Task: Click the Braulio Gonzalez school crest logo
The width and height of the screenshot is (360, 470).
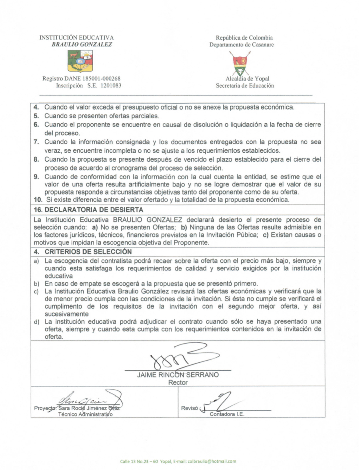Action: tap(80, 61)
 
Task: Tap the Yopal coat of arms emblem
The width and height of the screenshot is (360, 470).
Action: tap(241, 63)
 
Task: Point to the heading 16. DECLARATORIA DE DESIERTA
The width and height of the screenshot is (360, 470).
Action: tap(89, 210)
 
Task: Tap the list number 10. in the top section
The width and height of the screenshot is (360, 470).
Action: tap(38, 200)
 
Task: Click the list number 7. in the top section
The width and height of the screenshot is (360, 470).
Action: tap(36, 142)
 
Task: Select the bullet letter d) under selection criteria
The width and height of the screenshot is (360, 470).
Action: tap(37, 322)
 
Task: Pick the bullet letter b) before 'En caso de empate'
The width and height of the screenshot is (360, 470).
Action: tap(37, 284)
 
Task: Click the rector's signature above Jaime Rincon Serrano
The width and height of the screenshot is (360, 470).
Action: tap(178, 358)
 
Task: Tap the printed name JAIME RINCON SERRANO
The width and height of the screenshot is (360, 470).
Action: tap(178, 375)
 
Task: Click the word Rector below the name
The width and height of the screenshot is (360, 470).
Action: tap(178, 382)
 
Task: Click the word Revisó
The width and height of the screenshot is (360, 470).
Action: tap(190, 408)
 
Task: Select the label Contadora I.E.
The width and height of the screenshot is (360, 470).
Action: tap(227, 414)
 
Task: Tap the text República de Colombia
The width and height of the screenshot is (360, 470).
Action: tap(244, 38)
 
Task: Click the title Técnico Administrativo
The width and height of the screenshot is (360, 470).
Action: tap(86, 414)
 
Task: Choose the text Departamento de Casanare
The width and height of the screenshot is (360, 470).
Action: tap(242, 45)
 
